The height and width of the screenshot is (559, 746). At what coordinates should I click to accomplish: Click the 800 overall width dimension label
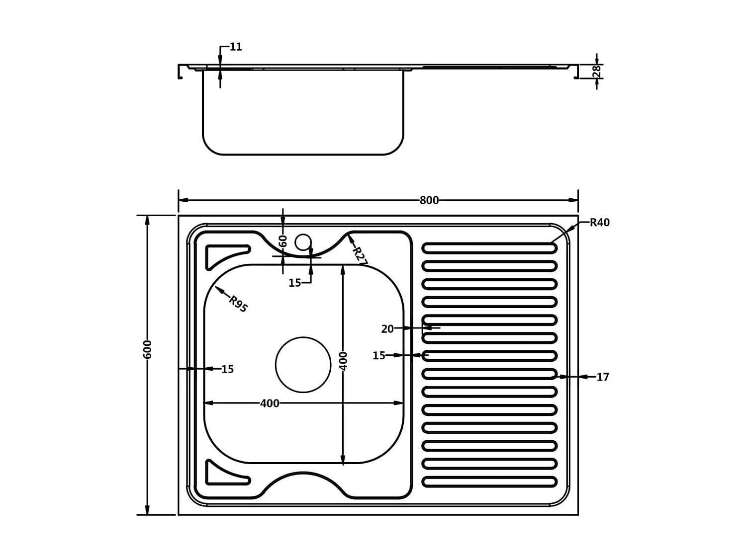[429, 200]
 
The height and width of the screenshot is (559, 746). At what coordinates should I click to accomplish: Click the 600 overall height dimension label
[147, 349]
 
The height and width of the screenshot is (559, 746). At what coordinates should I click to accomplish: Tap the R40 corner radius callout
[599, 223]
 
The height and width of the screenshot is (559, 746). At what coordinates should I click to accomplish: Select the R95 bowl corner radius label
[238, 304]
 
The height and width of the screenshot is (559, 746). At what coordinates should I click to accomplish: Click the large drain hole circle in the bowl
[303, 365]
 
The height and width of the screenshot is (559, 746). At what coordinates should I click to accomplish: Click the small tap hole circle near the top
[303, 242]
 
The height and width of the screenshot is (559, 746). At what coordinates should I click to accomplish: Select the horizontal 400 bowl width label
[270, 403]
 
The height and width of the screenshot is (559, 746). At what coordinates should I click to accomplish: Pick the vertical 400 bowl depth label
[343, 361]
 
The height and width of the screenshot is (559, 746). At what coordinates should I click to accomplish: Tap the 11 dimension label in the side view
[236, 47]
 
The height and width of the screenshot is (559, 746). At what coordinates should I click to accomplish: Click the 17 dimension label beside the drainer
[602, 377]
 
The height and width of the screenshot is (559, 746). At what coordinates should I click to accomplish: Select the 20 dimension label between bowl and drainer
[387, 329]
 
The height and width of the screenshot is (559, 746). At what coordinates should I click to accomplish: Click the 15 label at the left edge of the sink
[227, 369]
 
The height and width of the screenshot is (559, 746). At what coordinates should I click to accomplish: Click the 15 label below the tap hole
[294, 283]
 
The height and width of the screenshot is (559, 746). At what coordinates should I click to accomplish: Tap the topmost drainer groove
[489, 248]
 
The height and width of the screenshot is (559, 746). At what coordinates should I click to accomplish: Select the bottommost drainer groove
[489, 481]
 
